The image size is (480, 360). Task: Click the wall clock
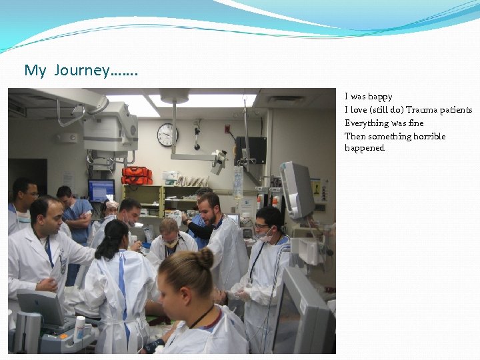click(x=168, y=135)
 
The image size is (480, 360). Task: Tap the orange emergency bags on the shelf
click(x=137, y=175)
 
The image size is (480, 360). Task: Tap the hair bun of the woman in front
click(x=205, y=258)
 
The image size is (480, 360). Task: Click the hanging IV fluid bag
click(x=238, y=182)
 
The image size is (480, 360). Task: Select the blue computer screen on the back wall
click(x=101, y=190)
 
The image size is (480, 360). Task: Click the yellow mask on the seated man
click(x=170, y=243)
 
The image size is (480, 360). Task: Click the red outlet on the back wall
click(x=227, y=129)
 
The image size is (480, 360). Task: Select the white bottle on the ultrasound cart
click(x=80, y=329)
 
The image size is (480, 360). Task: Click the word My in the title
click(x=35, y=70)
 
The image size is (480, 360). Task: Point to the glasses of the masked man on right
click(x=261, y=226)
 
